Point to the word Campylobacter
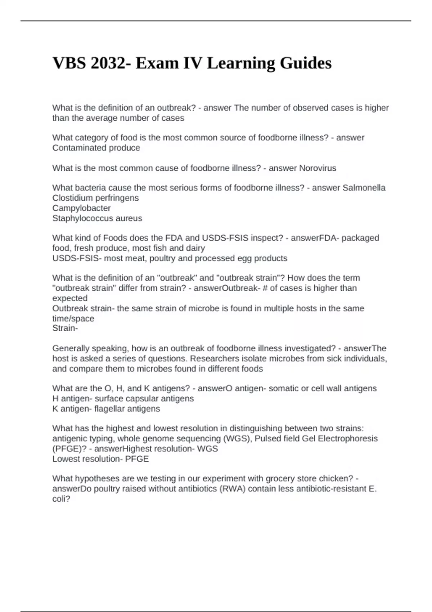(81, 208)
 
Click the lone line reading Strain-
(65, 328)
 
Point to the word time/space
(73, 318)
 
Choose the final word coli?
(61, 499)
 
